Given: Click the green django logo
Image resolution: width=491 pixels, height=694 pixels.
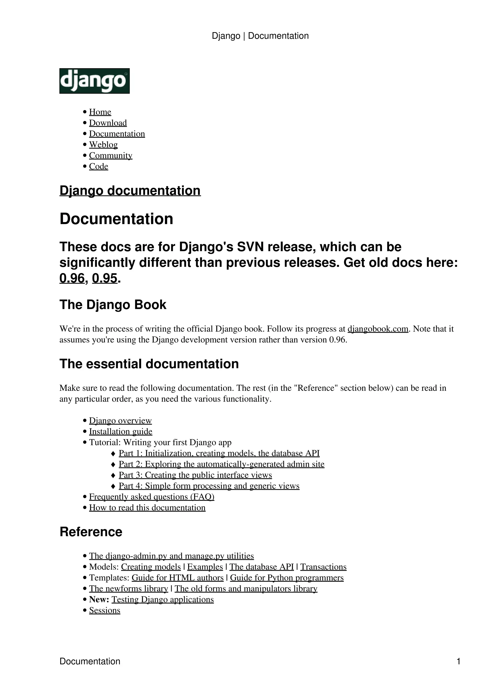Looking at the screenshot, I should click(x=94, y=81).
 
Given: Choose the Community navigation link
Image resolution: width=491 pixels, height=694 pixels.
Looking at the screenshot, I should click(x=111, y=155).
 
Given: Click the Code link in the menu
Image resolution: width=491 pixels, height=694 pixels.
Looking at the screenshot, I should click(x=98, y=166).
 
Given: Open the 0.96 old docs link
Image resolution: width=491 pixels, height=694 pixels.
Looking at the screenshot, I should click(x=72, y=278).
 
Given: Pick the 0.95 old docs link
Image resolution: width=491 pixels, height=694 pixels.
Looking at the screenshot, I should click(x=104, y=278).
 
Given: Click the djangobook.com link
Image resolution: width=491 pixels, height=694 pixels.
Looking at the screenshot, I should click(x=378, y=329).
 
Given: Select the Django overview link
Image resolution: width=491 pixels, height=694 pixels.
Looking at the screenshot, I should click(x=120, y=421).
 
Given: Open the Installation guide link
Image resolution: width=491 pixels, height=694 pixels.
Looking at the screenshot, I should click(x=120, y=431).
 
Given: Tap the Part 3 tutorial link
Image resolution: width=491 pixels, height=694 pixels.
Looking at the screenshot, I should click(x=195, y=475).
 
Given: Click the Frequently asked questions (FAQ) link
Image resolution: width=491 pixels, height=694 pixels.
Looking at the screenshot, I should click(x=152, y=497).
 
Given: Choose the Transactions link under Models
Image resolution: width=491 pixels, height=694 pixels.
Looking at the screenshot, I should click(x=323, y=567).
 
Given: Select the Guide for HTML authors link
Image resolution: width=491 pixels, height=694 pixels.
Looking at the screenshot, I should click(x=177, y=578).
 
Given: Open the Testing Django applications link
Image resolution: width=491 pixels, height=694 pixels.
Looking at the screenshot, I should click(x=163, y=599).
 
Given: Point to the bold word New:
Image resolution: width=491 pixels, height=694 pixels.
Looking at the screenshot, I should click(x=99, y=599).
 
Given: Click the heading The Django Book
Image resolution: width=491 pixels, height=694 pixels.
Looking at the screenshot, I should click(x=113, y=305).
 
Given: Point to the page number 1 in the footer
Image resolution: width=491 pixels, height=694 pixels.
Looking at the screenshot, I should click(x=458, y=661).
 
